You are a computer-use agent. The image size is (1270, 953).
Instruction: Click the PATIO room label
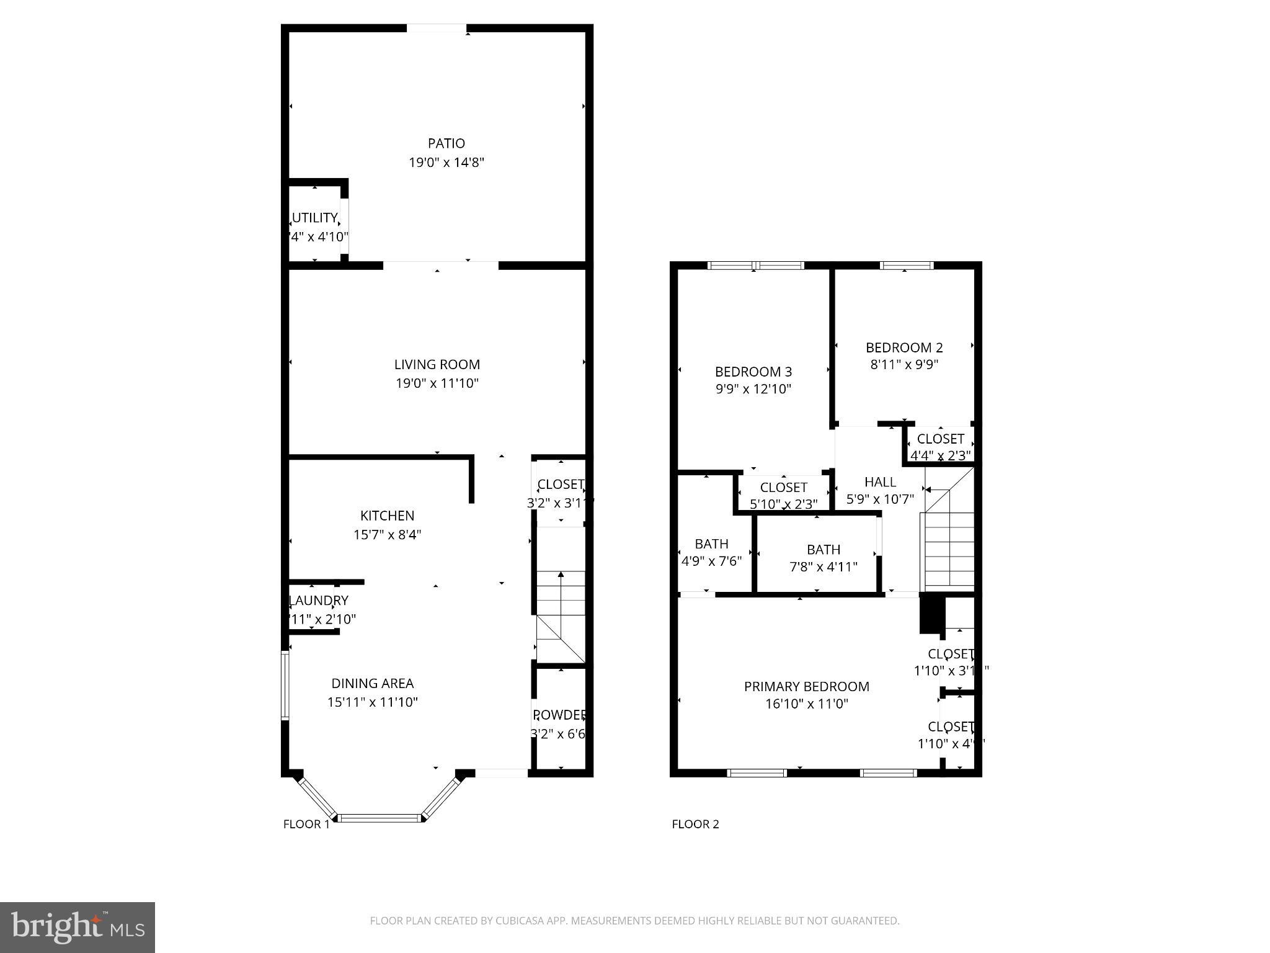pos(446,143)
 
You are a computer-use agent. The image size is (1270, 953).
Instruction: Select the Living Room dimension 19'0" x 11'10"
pos(437,383)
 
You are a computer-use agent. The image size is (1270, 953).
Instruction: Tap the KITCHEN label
pos(387,516)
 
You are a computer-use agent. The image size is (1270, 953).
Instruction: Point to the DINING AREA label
pos(372,683)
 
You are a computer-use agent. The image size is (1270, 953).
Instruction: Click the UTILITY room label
pos(315,218)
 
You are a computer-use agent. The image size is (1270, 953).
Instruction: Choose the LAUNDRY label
pos(319,601)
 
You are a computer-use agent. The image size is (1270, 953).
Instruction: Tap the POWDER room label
pos(559,715)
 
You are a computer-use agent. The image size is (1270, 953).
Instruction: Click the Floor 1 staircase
pos(561,614)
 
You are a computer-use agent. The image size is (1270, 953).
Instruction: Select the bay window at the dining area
pos(380,817)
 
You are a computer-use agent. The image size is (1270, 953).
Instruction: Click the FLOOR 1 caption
pos(306,824)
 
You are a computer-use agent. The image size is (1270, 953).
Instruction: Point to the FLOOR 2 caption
pos(695,824)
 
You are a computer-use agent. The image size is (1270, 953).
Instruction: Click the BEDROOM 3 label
pos(753,372)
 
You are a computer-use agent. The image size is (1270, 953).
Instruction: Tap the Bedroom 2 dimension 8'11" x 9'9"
pos(904,365)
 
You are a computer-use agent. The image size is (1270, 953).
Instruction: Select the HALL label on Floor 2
pos(880,481)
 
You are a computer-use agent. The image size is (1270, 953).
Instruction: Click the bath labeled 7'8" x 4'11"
pos(824,550)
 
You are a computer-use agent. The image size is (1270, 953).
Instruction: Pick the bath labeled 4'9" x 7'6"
pos(711,544)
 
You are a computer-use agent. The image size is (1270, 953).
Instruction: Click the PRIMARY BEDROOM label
pos(806,686)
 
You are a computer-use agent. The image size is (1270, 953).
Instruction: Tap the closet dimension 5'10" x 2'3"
pos(784,504)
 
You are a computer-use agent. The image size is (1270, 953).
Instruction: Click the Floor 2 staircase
pos(949,546)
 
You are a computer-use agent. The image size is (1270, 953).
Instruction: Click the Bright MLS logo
pos(78,927)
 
